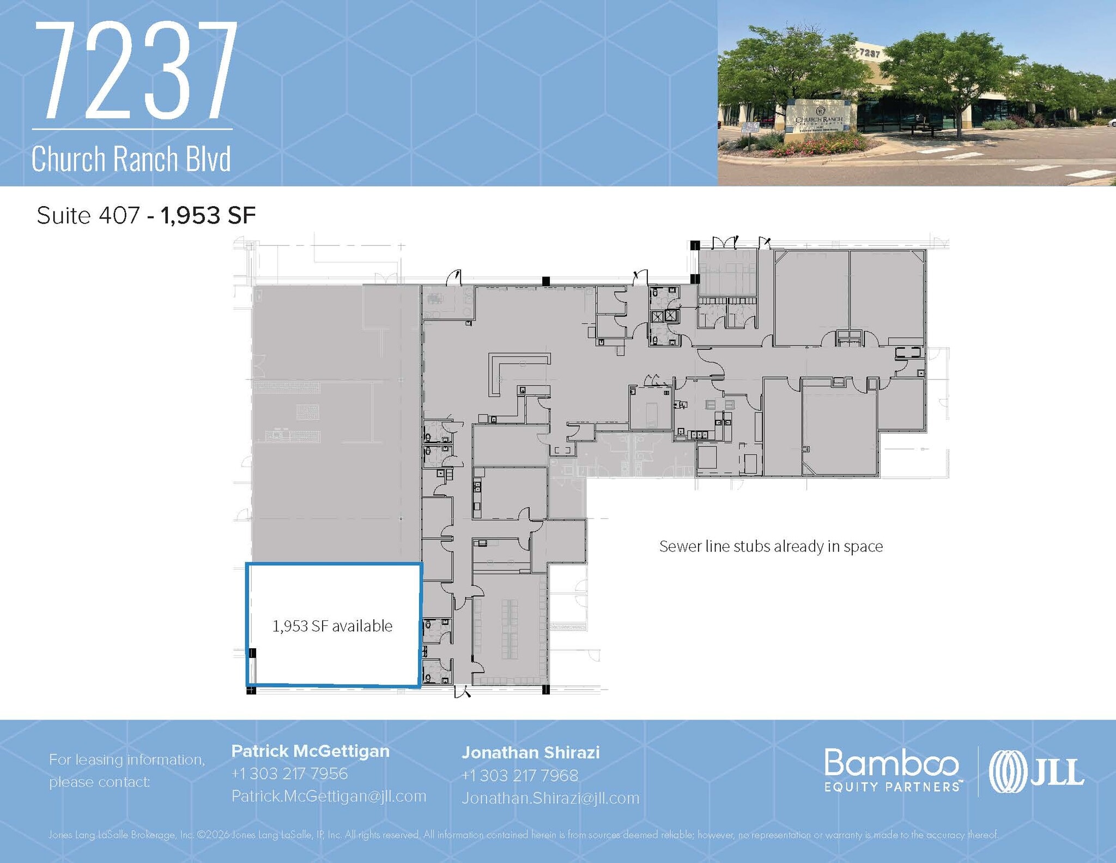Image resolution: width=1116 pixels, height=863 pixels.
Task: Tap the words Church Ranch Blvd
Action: (131, 159)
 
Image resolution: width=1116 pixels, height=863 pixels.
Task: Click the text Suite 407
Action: (88, 215)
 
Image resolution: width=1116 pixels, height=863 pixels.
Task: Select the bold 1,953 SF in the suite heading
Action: (208, 215)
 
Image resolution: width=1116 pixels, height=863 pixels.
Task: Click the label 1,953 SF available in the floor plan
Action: (332, 626)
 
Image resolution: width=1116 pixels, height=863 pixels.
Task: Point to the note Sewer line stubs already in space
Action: (771, 546)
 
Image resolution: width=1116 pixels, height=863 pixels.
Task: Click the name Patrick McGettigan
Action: (310, 751)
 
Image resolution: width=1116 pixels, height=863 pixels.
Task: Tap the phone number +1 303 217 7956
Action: (289, 774)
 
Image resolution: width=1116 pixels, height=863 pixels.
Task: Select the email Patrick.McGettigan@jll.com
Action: (329, 796)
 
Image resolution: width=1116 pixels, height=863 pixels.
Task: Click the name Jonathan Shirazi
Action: (530, 752)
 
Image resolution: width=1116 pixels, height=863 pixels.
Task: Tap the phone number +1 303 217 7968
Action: (519, 775)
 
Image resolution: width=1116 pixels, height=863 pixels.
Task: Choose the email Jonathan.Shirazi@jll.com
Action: (550, 798)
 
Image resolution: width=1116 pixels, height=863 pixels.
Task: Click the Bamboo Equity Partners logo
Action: (891, 770)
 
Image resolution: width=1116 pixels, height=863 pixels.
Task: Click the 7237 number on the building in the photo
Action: (869, 53)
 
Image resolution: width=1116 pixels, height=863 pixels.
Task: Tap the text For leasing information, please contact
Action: (126, 770)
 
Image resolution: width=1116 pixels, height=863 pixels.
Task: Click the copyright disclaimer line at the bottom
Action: (523, 835)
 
